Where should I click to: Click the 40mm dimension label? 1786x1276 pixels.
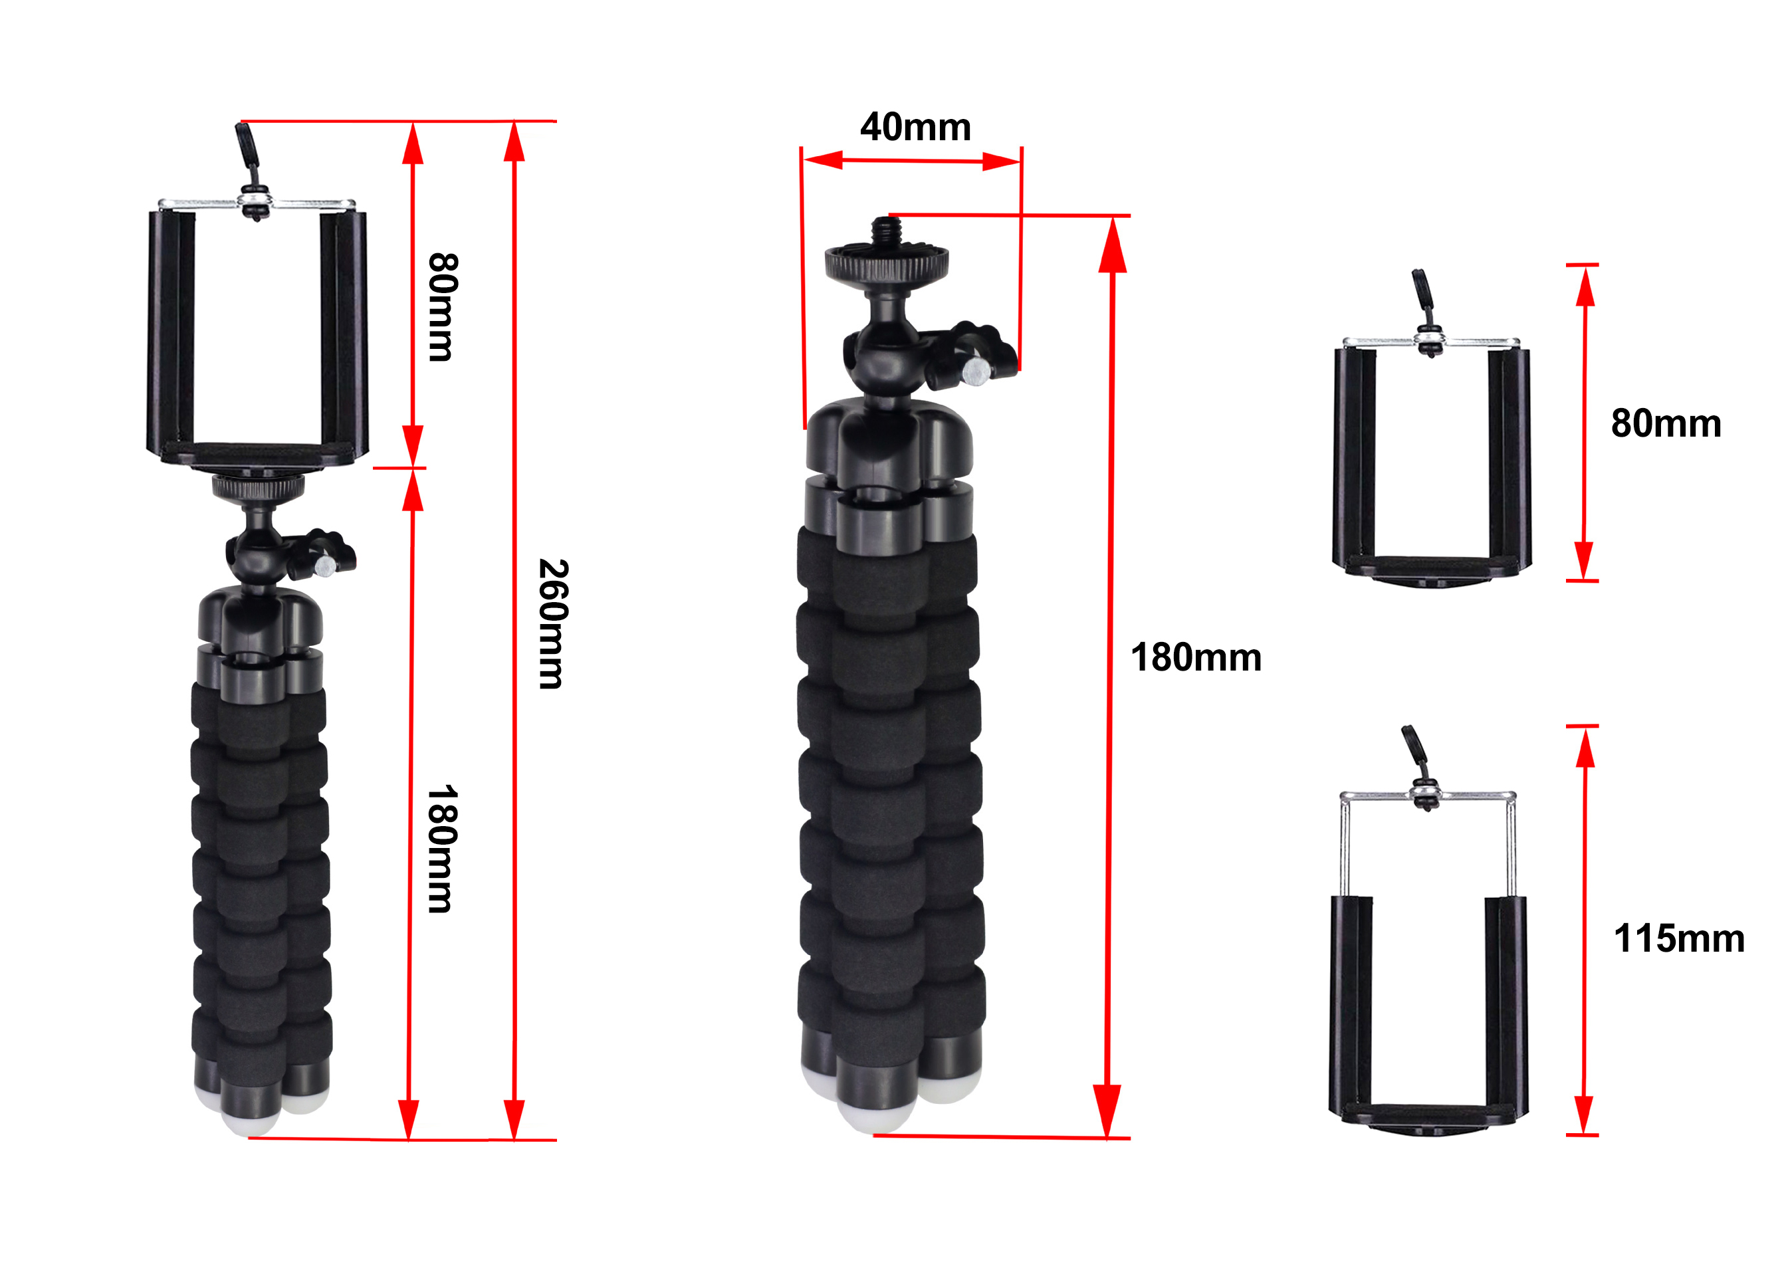[x=915, y=128]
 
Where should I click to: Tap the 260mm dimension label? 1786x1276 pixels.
[x=552, y=624]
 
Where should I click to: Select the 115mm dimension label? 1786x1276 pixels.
[x=1678, y=938]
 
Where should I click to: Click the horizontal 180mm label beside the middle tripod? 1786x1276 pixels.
[x=1195, y=658]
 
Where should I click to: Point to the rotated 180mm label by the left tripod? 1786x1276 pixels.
[x=441, y=849]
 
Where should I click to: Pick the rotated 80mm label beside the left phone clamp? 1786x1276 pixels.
[x=441, y=307]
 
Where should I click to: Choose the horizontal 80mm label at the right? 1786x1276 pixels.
[x=1666, y=423]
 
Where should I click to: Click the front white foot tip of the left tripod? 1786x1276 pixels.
[x=249, y=1120]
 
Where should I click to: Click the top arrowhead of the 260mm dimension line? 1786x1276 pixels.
[x=514, y=142]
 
